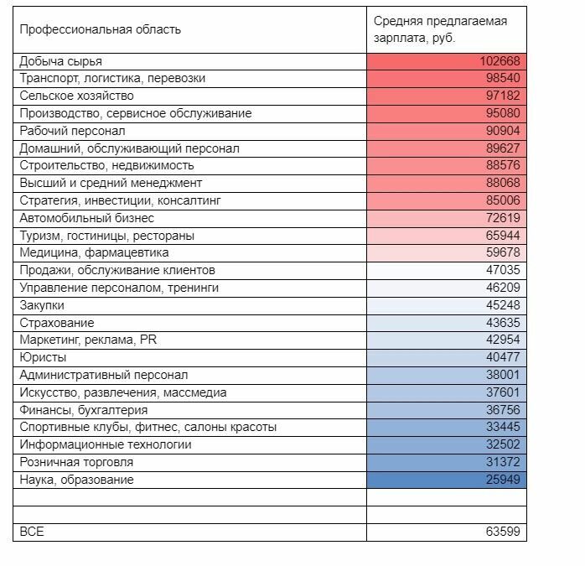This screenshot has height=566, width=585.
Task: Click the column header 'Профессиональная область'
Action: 100,30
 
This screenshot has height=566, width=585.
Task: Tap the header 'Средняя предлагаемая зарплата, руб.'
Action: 440,30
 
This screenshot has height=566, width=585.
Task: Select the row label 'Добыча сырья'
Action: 60,61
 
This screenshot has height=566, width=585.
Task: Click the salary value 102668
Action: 500,61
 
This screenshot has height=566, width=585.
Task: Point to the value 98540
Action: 503,79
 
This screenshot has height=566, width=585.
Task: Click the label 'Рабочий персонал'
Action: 72,131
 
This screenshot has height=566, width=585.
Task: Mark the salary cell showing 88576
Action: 503,166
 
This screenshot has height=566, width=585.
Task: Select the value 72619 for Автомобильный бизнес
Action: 503,218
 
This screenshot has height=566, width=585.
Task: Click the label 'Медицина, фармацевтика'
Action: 94,252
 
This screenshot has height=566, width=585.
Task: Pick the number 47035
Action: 503,270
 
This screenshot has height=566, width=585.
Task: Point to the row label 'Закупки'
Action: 42,305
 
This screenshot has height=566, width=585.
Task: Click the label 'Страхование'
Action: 57,323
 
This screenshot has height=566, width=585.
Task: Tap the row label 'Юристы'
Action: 43,357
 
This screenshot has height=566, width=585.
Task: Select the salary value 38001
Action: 503,375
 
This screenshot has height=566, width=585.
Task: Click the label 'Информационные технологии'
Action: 105,444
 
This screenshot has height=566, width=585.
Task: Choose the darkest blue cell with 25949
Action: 503,480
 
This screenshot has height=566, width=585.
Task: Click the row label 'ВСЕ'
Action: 31,532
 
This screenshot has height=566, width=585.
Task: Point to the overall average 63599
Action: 503,532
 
